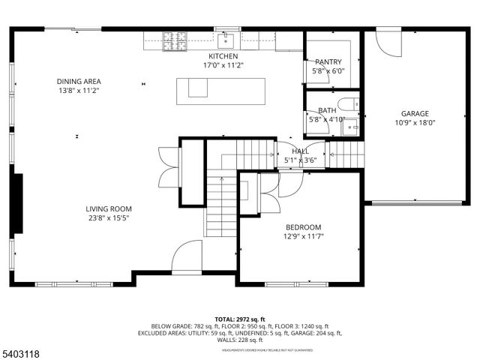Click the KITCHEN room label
[x=223, y=56]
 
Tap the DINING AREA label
[x=78, y=82]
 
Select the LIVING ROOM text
[x=108, y=209]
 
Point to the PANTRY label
[x=328, y=62]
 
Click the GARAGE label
[x=415, y=114]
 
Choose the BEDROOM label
[x=303, y=227]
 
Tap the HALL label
[x=300, y=151]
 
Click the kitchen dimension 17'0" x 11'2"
[x=223, y=65]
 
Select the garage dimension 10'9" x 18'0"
[x=415, y=123]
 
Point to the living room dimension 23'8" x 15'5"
[x=108, y=218]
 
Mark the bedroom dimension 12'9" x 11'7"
[x=303, y=236]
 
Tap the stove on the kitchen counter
[x=175, y=40]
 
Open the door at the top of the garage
[x=389, y=42]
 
